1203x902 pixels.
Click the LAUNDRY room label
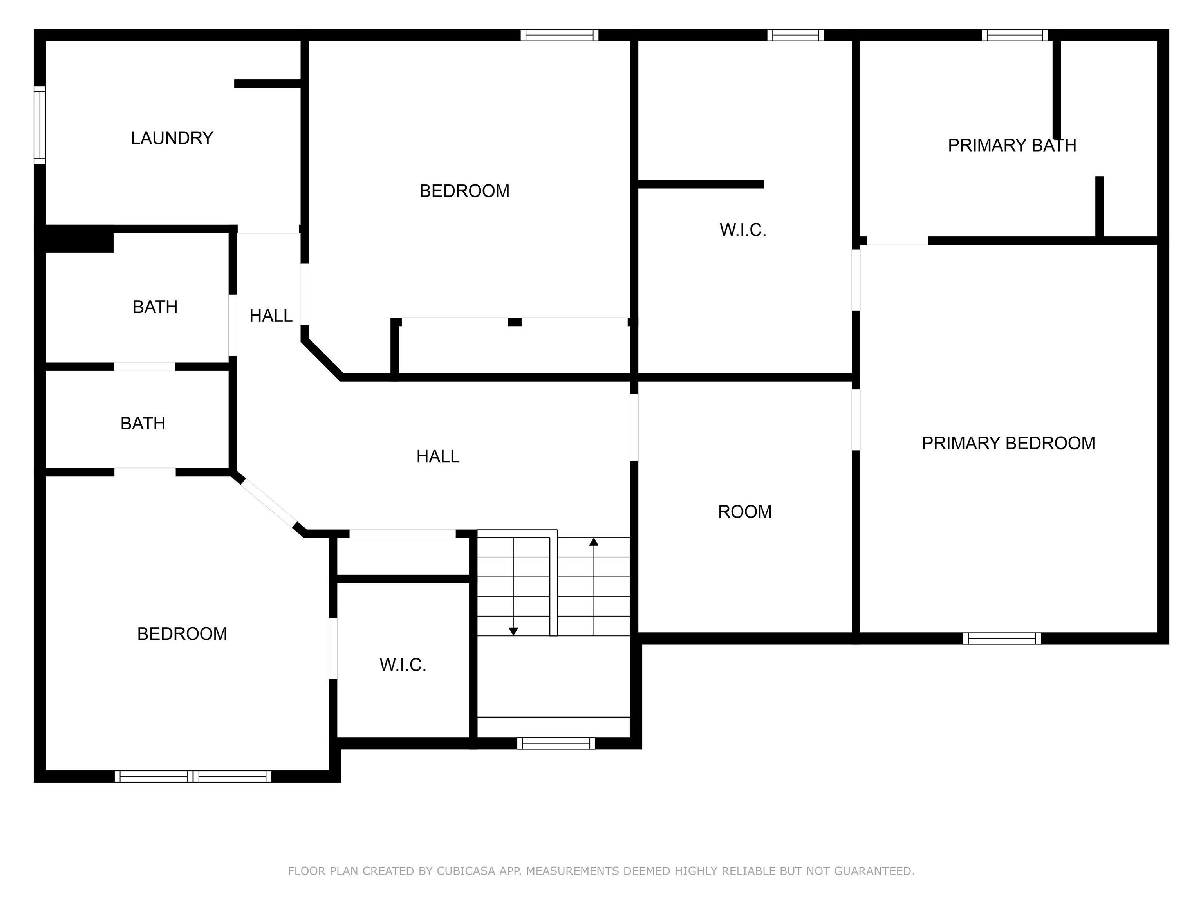[x=172, y=138]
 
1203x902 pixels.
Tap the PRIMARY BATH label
[x=1012, y=145]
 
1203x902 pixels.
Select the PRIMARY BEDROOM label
[x=1008, y=443]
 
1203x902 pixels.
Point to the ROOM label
[x=744, y=512]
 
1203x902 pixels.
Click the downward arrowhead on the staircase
[x=513, y=631]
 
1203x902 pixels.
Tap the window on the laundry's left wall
[x=40, y=124]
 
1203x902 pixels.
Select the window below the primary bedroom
[x=1002, y=638]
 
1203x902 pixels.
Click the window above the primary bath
[x=1015, y=35]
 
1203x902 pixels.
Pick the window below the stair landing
[x=556, y=743]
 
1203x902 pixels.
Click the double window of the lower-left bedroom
[x=193, y=776]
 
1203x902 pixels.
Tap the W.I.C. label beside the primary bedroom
[x=743, y=230]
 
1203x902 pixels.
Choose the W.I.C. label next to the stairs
[x=403, y=665]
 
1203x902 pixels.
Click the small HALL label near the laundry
[x=271, y=316]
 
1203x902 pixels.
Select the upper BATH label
[x=155, y=307]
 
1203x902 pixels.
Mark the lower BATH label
[x=143, y=424]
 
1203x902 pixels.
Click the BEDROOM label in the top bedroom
[x=464, y=191]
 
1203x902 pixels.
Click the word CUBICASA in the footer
[x=466, y=871]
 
